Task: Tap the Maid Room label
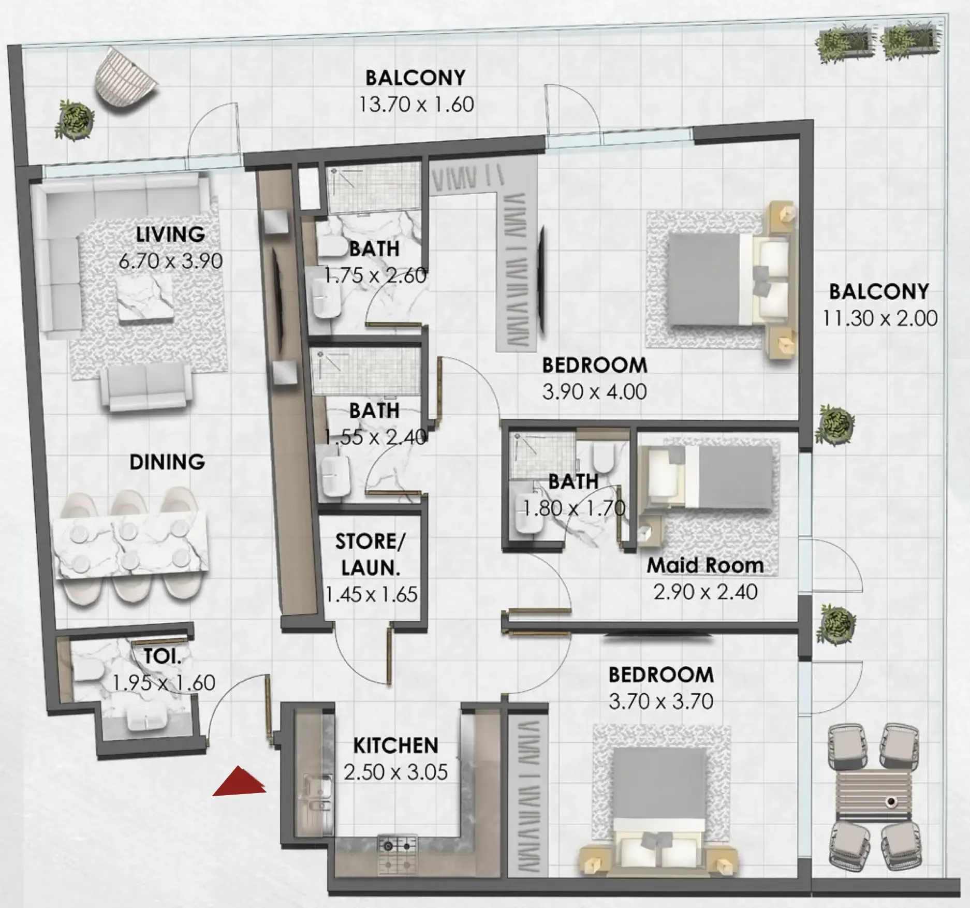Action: click(x=705, y=565)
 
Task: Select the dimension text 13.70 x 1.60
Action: click(x=416, y=105)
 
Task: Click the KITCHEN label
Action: click(x=395, y=745)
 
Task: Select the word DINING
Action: click(x=167, y=462)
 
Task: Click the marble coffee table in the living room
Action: click(x=144, y=300)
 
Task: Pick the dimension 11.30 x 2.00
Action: click(x=880, y=318)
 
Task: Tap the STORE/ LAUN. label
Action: click(x=370, y=554)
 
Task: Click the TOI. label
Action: click(x=163, y=657)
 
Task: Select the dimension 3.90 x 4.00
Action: click(x=594, y=392)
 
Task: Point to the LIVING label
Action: click(x=170, y=235)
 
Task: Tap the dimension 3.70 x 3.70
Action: click(x=660, y=701)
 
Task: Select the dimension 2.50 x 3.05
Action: click(x=395, y=772)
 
